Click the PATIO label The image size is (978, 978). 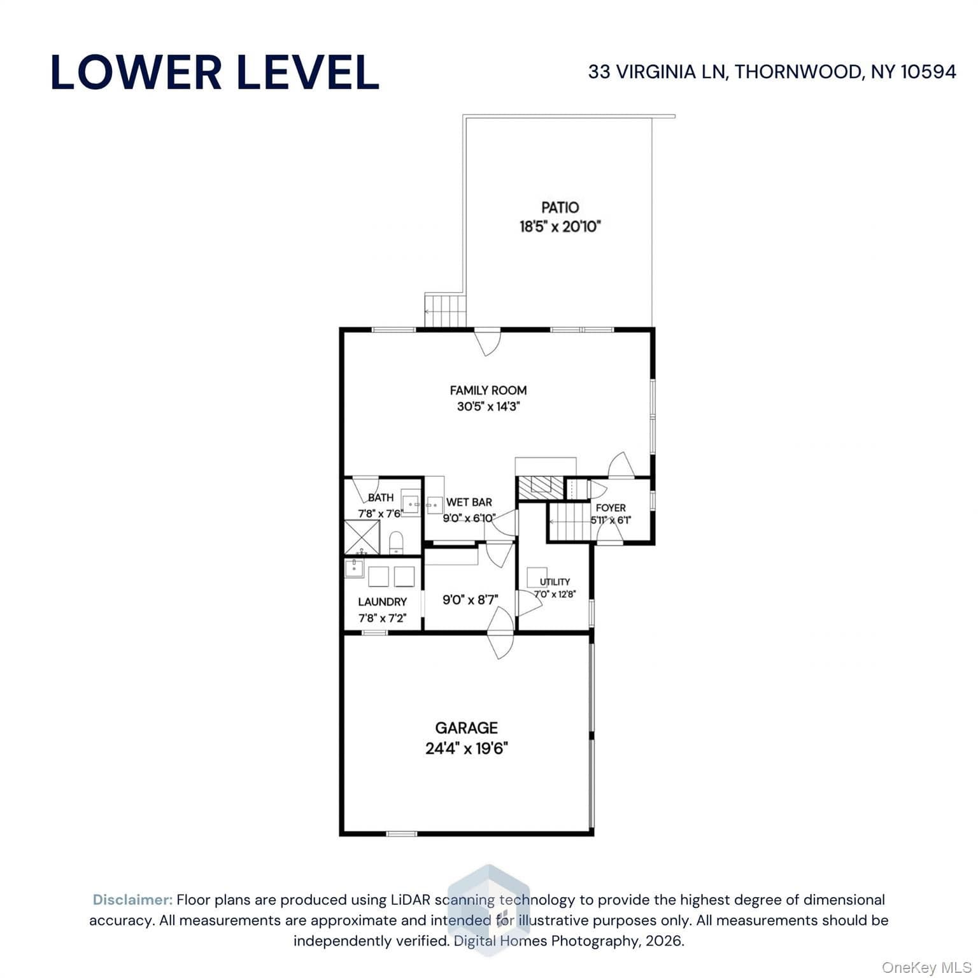coord(560,207)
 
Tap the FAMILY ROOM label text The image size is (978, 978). coord(488,390)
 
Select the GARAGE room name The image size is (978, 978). coord(466,727)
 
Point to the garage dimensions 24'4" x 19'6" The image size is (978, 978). coord(466,748)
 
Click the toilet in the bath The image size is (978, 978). coord(396,542)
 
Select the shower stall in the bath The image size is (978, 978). coord(362,537)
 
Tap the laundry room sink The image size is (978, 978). coord(354,568)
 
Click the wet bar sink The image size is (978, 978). coord(435,504)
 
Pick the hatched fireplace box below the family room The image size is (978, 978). coord(541,488)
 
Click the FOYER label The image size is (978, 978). coord(611,507)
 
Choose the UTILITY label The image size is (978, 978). coord(555,581)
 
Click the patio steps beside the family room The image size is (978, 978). coord(446,311)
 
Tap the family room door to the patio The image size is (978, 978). coord(488,341)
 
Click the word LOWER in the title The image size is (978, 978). coord(136,72)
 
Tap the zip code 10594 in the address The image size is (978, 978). coord(928,71)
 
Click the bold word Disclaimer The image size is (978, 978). coord(132,900)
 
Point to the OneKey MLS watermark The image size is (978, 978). coord(926,968)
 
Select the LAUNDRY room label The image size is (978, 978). coord(382,602)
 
